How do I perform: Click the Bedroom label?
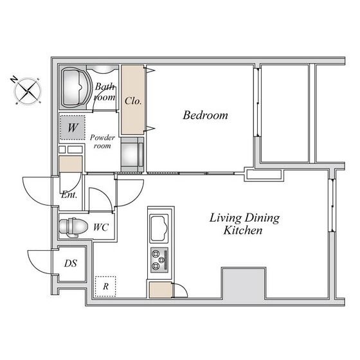coord(205,115)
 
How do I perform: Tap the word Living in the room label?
coord(225,219)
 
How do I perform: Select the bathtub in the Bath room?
coord(75,87)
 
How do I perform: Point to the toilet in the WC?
coord(73,227)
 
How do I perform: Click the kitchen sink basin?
coord(159,228)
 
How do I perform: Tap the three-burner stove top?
coord(159,260)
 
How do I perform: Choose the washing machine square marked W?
coord(73,128)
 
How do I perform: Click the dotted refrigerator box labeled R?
coord(105,286)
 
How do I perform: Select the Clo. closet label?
coord(133,101)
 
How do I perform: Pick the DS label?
coord(71,264)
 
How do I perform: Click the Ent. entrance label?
coord(69,195)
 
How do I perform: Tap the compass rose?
coord(28,91)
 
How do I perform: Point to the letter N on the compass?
coord(14,80)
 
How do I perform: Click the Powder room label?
coord(102,141)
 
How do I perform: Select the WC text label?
coord(101,228)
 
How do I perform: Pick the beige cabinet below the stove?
coord(161,290)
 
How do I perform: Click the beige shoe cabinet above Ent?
coord(71,164)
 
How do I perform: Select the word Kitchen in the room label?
coord(243,231)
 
